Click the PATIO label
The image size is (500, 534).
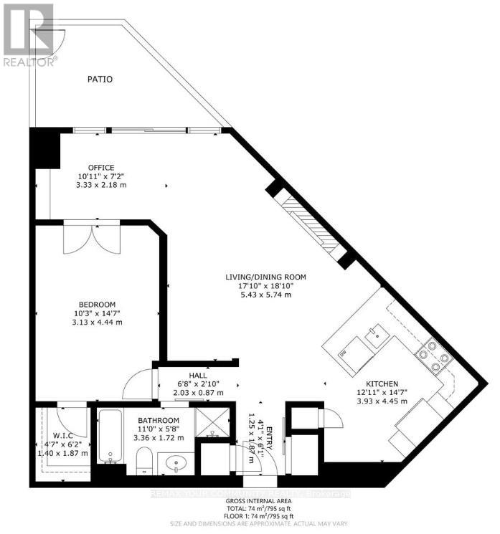[100, 79]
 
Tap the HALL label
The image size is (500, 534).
[198, 375]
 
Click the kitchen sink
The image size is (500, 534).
[375, 333]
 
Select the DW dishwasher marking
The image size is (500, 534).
[343, 353]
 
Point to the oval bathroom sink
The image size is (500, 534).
[176, 464]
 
